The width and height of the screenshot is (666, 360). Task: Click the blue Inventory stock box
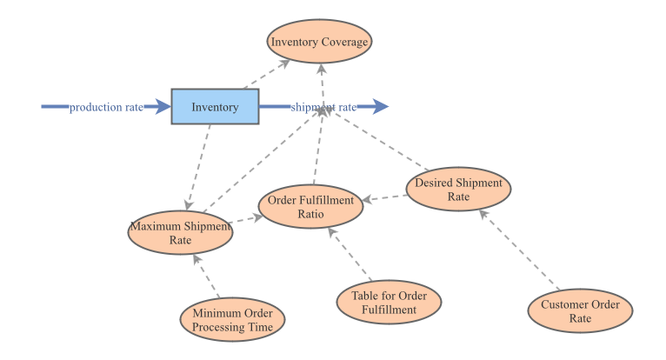coord(215,107)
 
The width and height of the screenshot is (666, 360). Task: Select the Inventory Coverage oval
coord(319,41)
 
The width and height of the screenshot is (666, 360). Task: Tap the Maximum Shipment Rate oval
coord(180,233)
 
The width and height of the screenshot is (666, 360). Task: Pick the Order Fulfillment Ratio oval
coord(310,207)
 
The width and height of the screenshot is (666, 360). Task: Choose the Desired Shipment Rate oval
coord(458,190)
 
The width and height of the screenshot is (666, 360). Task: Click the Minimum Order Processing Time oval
coord(233,320)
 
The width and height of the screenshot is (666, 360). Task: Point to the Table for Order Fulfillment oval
coord(389,301)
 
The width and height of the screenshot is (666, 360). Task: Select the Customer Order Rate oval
coord(580,311)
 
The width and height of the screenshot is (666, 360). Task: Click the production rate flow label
coord(106,107)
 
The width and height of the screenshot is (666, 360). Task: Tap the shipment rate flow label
coord(323,107)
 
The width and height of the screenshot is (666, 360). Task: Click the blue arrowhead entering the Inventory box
coord(161,107)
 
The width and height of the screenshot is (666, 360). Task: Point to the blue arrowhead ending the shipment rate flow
coord(379,107)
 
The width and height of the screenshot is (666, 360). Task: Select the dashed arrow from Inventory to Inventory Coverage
coord(267,76)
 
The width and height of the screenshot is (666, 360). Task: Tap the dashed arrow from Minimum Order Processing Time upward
coord(206,277)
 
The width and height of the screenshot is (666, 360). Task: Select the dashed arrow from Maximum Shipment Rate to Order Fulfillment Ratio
coord(246,218)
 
